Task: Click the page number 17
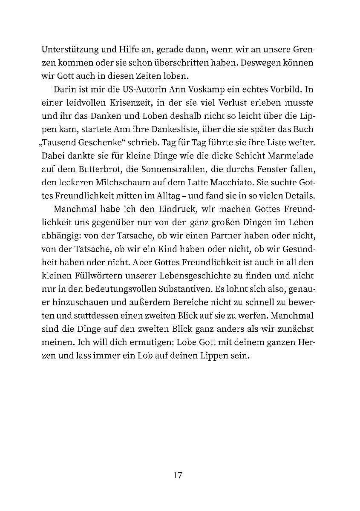178,475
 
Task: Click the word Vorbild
282,90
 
